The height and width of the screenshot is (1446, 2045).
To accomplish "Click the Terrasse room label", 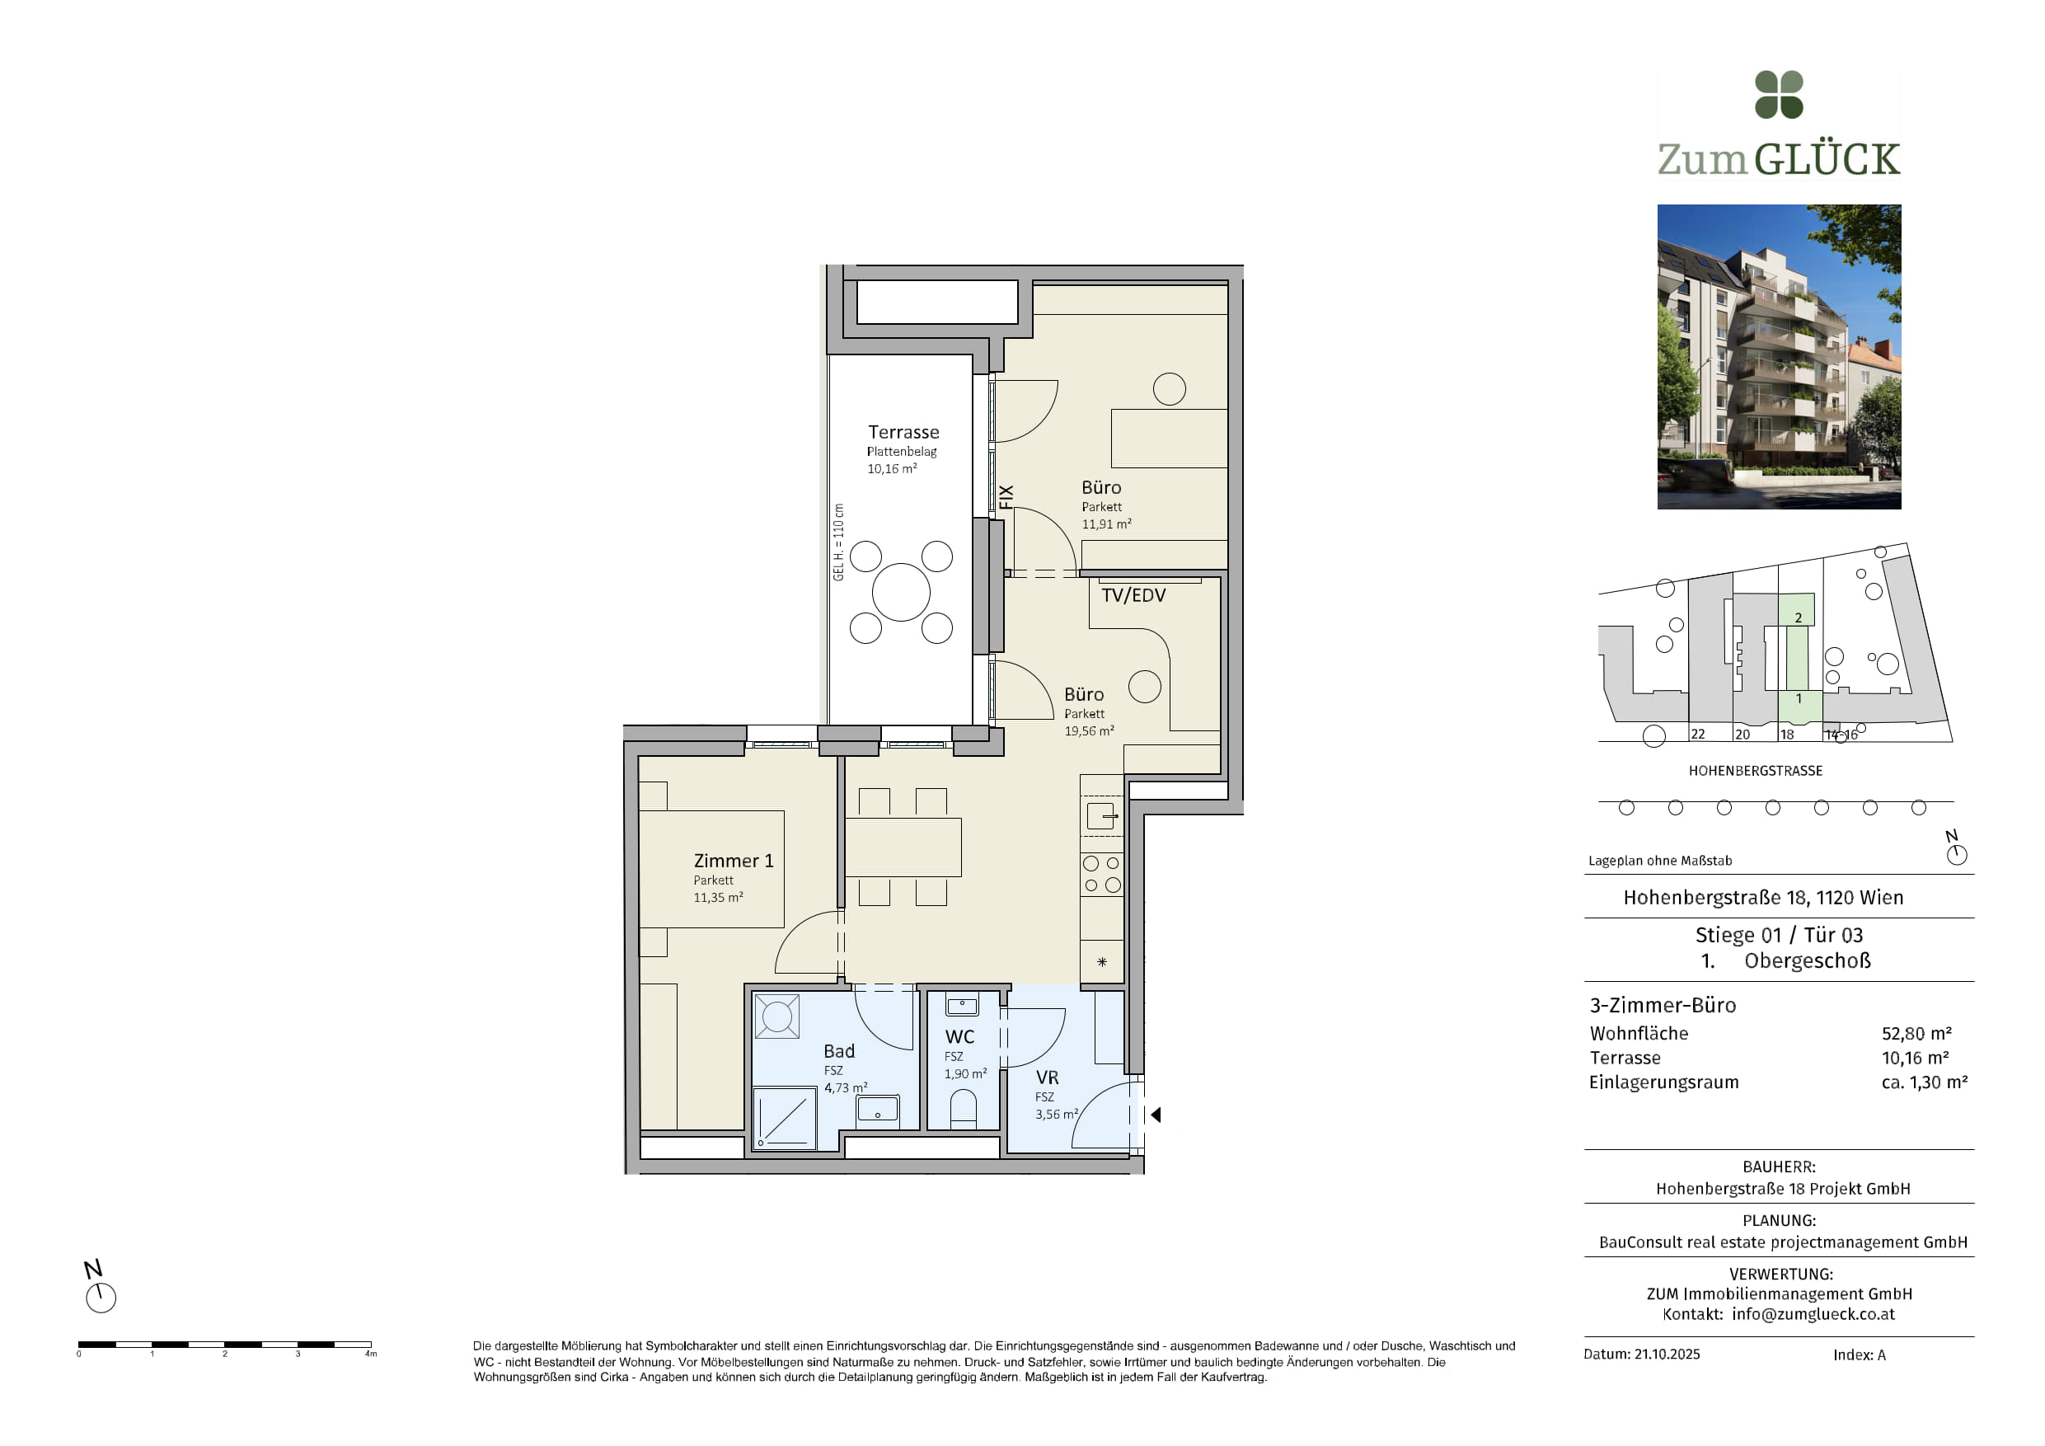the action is [903, 432].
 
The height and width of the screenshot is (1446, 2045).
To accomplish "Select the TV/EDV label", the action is [1133, 595].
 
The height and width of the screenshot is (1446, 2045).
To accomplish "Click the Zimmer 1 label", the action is [733, 861].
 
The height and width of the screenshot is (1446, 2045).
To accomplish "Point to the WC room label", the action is [959, 1037].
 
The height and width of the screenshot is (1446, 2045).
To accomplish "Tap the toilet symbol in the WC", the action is [963, 1110].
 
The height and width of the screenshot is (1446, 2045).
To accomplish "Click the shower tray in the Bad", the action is [785, 1118].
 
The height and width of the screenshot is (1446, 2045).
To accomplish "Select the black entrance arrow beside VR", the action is [1156, 1115].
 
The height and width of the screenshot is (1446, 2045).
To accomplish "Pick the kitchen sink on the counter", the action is [1101, 816].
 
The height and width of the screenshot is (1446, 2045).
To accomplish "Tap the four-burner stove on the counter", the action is [1102, 874].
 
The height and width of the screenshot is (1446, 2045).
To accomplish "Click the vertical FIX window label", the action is [1006, 497].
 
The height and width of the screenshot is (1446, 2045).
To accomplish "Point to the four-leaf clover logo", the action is [1779, 95].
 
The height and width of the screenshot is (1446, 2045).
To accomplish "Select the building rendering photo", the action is [1779, 356].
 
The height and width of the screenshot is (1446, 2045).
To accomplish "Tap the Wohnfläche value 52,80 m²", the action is [1916, 1034].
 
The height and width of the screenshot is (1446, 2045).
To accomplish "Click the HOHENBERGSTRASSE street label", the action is [1755, 771].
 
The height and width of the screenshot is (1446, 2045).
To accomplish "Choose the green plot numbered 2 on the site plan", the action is [1797, 610].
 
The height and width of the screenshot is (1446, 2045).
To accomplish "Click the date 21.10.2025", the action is [1667, 1354].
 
